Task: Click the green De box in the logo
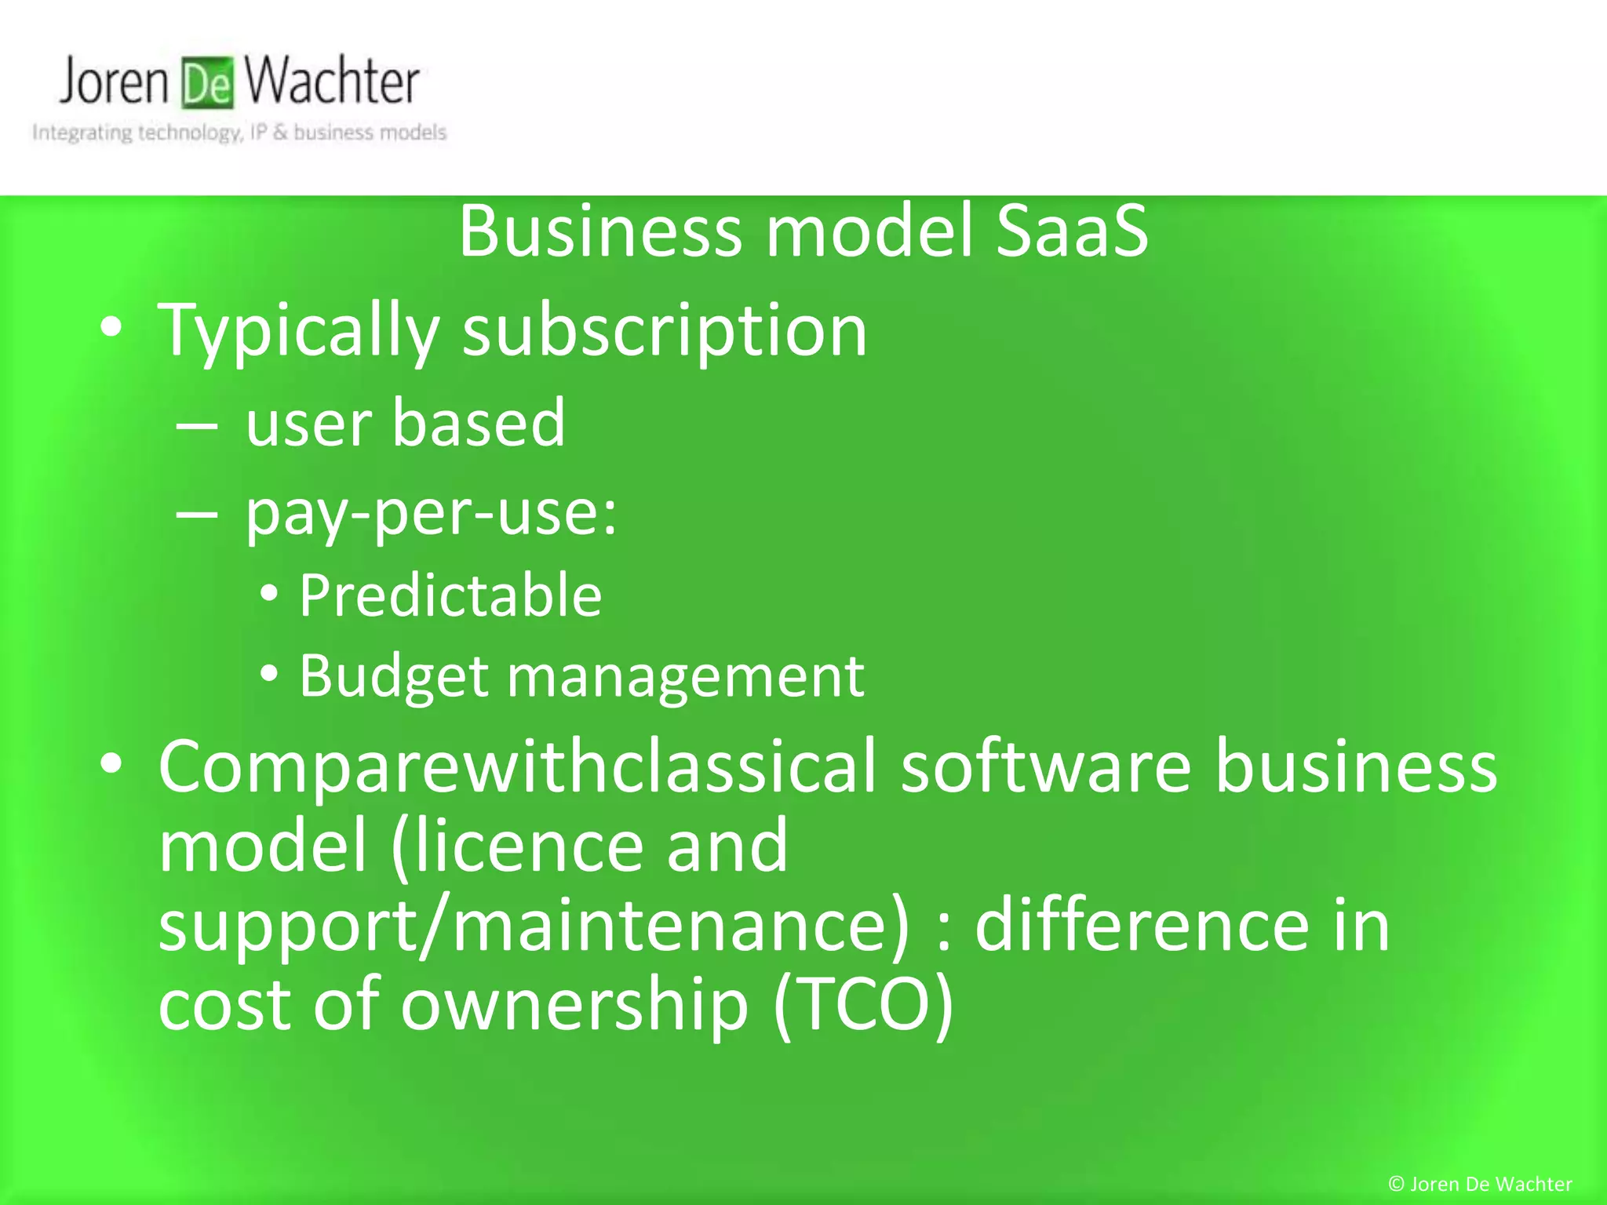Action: [x=207, y=83]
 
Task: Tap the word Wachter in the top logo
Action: [x=331, y=82]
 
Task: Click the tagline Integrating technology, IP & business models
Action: [x=239, y=133]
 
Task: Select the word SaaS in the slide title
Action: [x=1072, y=231]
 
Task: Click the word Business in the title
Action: [x=600, y=231]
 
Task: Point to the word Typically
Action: [x=298, y=331]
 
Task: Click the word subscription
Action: [x=665, y=331]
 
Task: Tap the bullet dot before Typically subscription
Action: [x=111, y=328]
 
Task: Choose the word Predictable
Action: [x=450, y=595]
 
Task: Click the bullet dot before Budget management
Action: [x=269, y=673]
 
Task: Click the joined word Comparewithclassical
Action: [x=516, y=767]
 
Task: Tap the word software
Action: [x=1046, y=767]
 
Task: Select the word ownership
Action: [x=574, y=1006]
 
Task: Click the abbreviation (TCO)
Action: [x=863, y=1006]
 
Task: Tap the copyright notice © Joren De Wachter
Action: [x=1480, y=1184]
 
